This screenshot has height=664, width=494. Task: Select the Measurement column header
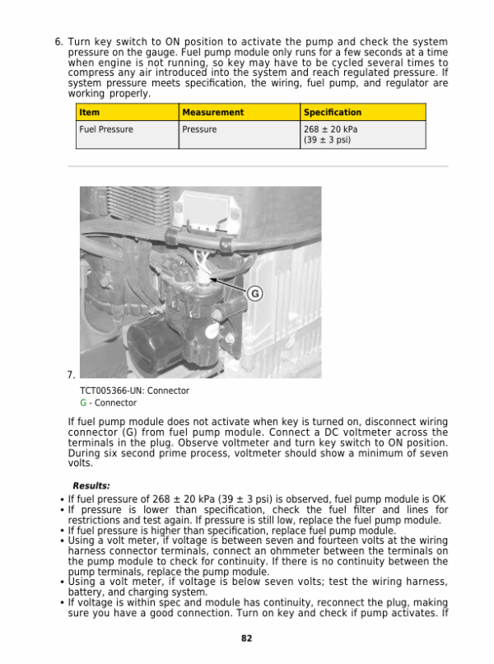(x=212, y=112)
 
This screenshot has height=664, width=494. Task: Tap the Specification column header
(x=333, y=112)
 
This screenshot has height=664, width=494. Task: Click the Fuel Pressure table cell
(x=105, y=129)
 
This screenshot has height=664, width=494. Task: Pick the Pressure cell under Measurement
(x=199, y=129)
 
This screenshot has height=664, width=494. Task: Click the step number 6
(x=58, y=41)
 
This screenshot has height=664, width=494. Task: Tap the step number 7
(x=71, y=375)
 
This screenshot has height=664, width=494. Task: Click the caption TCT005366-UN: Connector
(x=134, y=390)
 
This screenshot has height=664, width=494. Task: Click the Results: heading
(x=91, y=486)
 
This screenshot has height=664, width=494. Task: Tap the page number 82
(x=246, y=638)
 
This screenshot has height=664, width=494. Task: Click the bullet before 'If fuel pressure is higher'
(x=63, y=531)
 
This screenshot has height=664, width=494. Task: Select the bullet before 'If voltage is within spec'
(x=63, y=603)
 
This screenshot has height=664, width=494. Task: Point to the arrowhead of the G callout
(x=212, y=280)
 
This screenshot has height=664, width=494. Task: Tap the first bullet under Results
(x=63, y=499)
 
